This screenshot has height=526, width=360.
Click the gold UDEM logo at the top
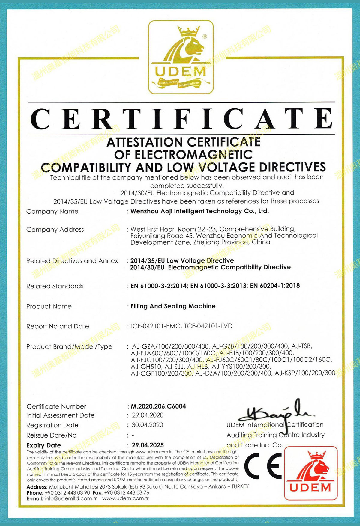pos(181,57)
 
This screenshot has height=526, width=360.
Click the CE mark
pos(263,465)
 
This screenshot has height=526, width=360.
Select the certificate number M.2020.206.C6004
pos(158,406)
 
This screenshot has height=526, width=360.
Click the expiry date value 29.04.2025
pos(148,445)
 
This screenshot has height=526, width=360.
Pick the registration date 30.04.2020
pos(148,425)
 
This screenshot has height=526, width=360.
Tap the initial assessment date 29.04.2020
pos(148,415)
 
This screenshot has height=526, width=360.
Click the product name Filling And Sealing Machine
pos(173,306)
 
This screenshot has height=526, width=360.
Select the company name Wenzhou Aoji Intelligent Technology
pos(199,211)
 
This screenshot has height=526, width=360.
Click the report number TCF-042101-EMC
pos(155,326)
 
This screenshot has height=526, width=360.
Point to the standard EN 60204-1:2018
pos(275,286)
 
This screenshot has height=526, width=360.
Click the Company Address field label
pos(55,230)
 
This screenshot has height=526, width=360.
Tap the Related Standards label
pos(55,286)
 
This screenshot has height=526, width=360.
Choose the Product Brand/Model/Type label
pos(69,347)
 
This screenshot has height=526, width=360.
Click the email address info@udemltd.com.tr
pos(71,498)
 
